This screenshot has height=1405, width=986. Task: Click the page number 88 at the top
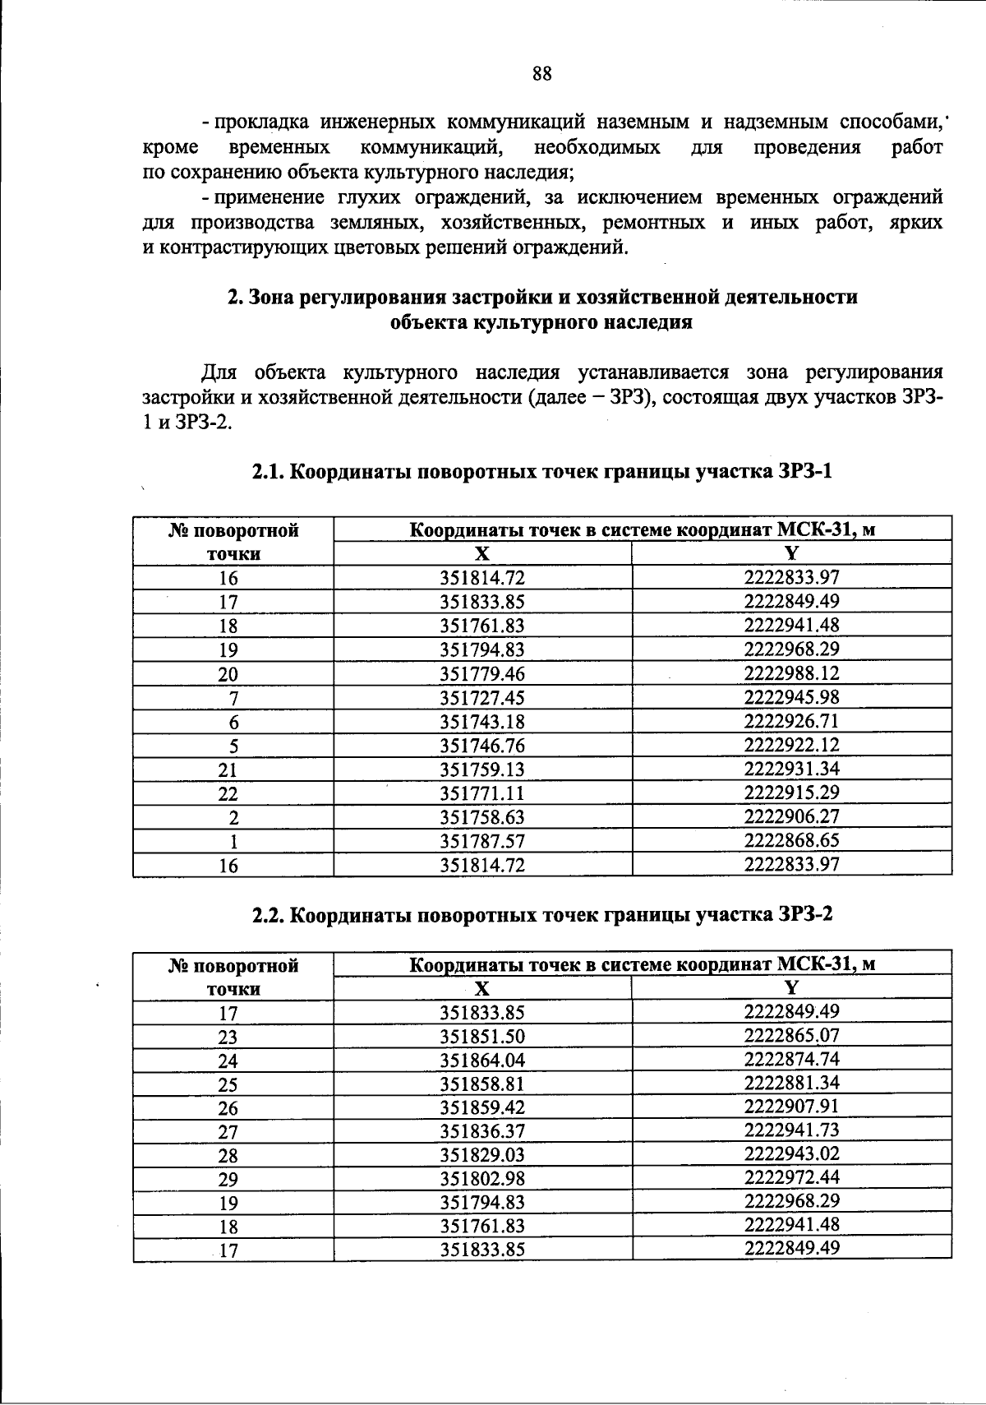pyautogui.click(x=541, y=74)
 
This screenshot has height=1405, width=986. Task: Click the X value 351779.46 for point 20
pyautogui.click(x=482, y=675)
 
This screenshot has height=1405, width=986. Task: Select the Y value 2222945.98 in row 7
pyautogui.click(x=791, y=697)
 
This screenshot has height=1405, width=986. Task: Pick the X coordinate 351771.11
pyautogui.click(x=482, y=794)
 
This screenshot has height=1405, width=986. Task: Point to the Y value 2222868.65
pyautogui.click(x=791, y=840)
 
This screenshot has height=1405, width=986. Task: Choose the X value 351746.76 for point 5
pyautogui.click(x=482, y=746)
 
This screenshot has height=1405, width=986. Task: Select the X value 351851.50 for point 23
pyautogui.click(x=482, y=1037)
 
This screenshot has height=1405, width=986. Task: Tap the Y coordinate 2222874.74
pyautogui.click(x=791, y=1058)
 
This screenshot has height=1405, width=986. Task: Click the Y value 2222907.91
pyautogui.click(x=791, y=1106)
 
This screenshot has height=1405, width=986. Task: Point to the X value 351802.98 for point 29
pyautogui.click(x=482, y=1180)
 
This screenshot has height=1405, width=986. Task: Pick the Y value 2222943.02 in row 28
pyautogui.click(x=791, y=1153)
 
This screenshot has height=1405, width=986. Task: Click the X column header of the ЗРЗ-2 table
pyautogui.click(x=482, y=988)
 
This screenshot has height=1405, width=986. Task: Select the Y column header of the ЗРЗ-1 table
pyautogui.click(x=791, y=552)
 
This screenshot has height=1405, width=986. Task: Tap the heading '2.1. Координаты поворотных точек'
pyautogui.click(x=541, y=472)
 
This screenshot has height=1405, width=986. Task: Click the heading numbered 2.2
pyautogui.click(x=541, y=915)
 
